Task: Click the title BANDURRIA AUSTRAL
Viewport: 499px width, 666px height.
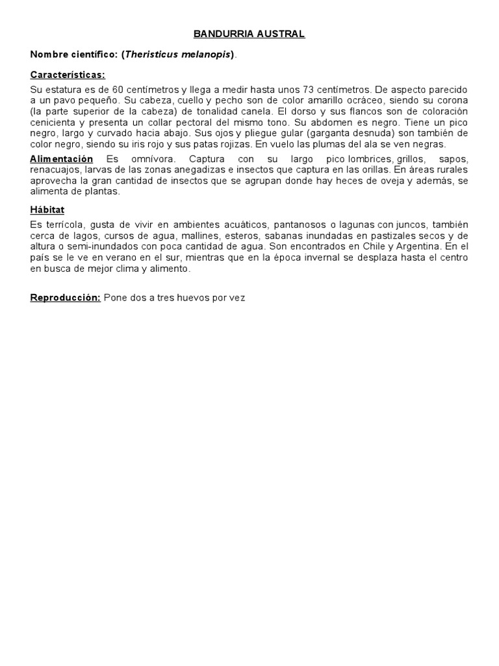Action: [249, 34]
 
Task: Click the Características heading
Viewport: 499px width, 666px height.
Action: [68, 74]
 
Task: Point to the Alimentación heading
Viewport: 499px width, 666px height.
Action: [62, 159]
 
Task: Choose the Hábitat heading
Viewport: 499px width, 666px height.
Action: [47, 209]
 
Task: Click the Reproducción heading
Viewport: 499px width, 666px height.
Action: [66, 298]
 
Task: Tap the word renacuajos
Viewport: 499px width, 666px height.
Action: [54, 170]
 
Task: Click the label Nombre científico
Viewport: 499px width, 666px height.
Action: [73, 55]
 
